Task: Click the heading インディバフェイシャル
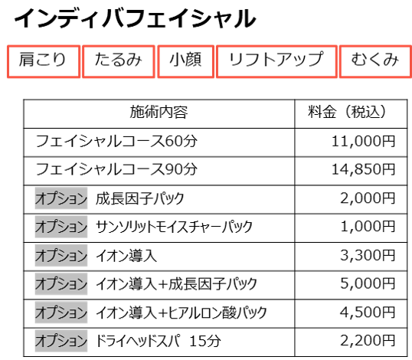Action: click(x=135, y=18)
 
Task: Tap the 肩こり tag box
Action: click(x=44, y=61)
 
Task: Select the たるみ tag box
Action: click(x=119, y=61)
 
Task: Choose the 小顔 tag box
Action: click(x=186, y=61)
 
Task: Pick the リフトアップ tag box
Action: click(x=276, y=61)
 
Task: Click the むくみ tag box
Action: click(x=375, y=61)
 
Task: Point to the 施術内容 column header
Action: click(x=159, y=112)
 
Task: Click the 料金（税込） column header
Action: click(x=348, y=112)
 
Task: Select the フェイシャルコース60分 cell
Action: click(x=116, y=141)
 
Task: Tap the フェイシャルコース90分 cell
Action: click(x=116, y=169)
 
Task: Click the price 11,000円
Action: click(x=364, y=142)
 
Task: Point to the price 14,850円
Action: click(x=364, y=169)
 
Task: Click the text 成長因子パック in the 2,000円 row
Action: click(x=140, y=198)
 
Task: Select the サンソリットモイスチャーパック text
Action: click(x=174, y=227)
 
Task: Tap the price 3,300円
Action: click(x=368, y=255)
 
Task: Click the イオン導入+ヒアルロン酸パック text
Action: click(x=181, y=313)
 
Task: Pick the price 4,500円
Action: click(x=368, y=313)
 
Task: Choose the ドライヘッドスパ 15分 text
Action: click(x=159, y=341)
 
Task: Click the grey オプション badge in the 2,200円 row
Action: click(x=61, y=341)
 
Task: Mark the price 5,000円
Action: click(x=368, y=284)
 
